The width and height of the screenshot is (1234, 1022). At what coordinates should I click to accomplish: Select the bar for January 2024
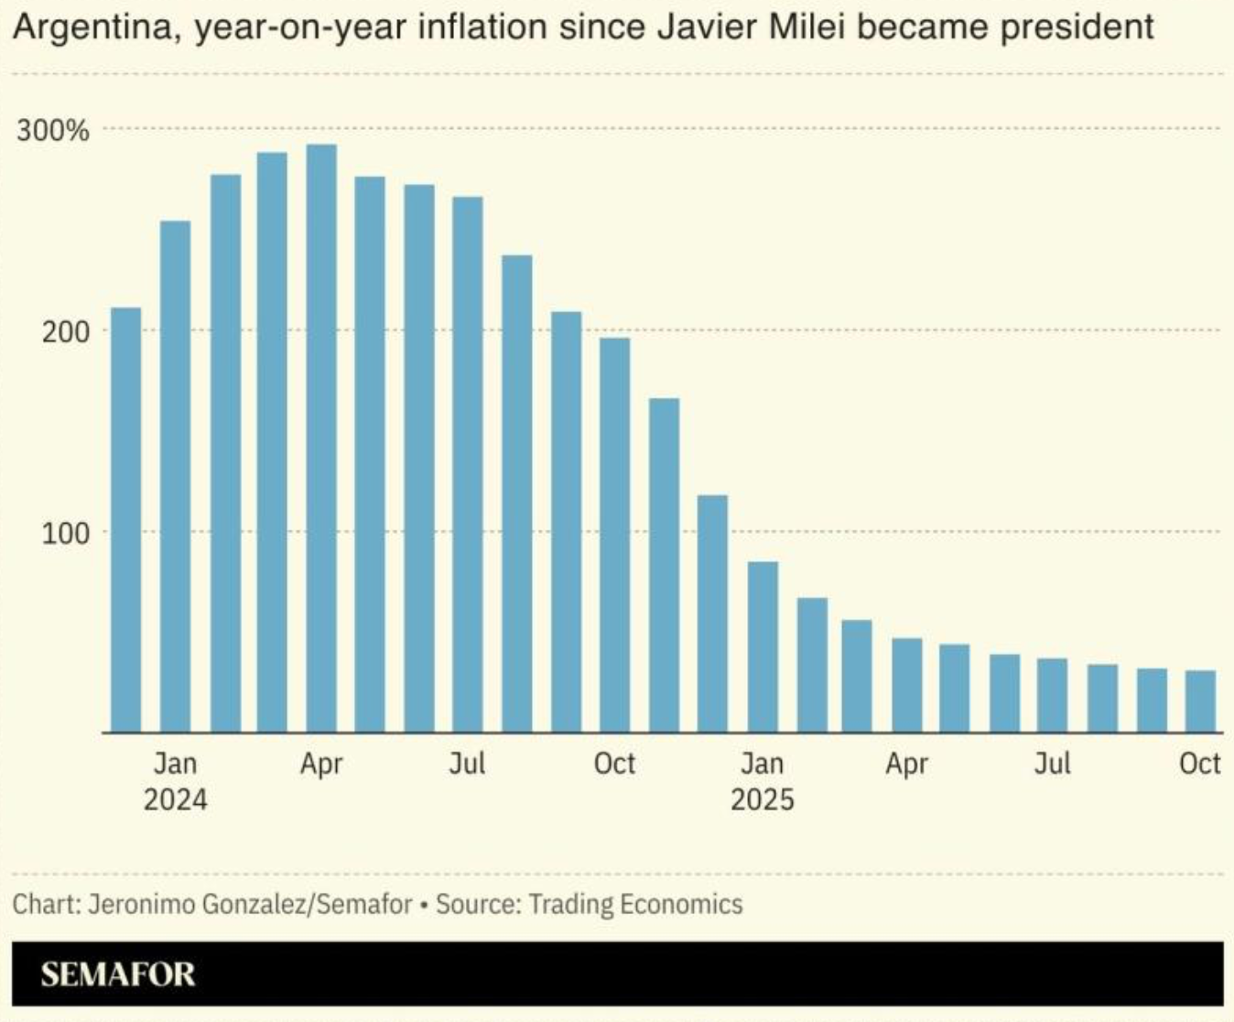click(175, 476)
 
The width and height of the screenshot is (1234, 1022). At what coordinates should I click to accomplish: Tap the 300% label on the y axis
click(53, 131)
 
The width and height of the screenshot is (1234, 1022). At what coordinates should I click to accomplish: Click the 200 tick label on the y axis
click(66, 332)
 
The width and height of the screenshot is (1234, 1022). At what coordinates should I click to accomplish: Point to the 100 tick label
click(66, 533)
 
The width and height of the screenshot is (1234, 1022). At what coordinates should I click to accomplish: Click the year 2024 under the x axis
click(175, 799)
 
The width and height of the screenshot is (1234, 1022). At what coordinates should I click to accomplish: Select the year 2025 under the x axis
click(763, 799)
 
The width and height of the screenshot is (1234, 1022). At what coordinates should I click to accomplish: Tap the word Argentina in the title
click(92, 27)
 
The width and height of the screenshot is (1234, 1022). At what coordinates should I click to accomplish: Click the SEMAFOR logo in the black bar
click(118, 973)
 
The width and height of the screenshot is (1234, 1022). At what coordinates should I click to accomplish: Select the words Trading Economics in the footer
click(635, 905)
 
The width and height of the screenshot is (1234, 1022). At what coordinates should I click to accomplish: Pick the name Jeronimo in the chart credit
click(141, 905)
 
